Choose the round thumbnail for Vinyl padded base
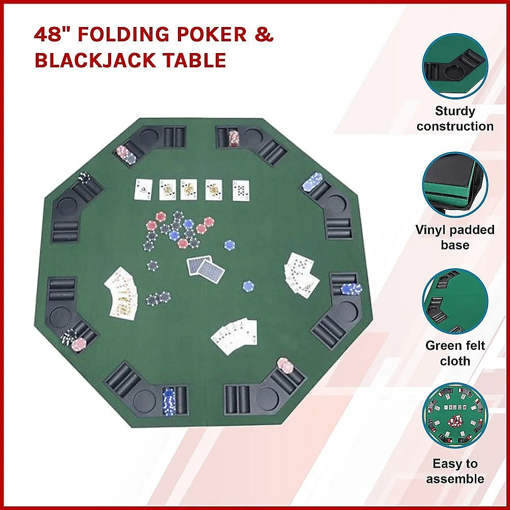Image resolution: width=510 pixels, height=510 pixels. (455, 185)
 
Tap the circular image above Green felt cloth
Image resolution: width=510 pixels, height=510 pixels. (455, 301)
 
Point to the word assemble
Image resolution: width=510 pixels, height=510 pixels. (455, 479)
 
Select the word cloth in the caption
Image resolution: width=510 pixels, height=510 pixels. (455, 361)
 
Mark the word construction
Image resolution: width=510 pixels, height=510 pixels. (455, 126)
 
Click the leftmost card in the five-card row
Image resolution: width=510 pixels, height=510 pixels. (143, 189)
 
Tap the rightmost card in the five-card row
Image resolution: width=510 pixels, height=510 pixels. (241, 190)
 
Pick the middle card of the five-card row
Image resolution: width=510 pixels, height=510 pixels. (189, 189)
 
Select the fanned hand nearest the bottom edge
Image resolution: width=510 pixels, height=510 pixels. (234, 336)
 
